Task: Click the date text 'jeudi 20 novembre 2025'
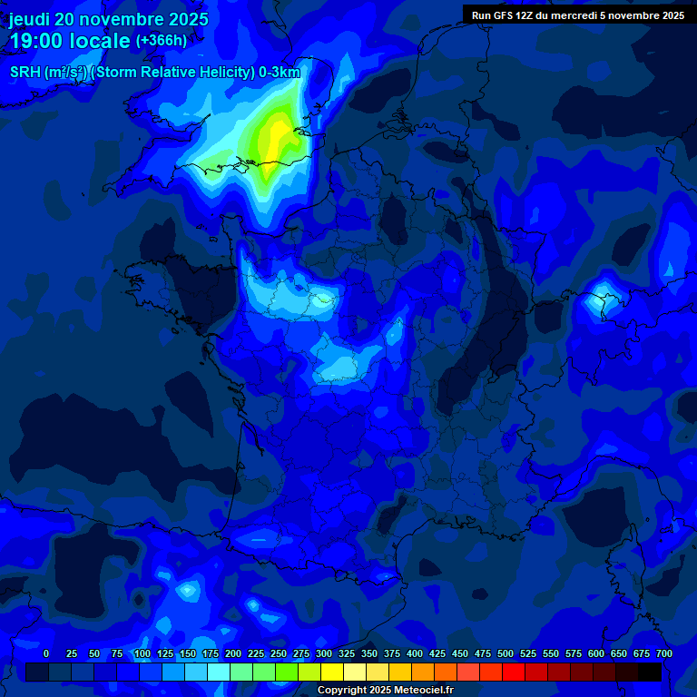pos(109,19)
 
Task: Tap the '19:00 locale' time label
pos(69,41)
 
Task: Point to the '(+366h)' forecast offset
pos(161,41)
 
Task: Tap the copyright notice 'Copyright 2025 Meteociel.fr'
pos(385,690)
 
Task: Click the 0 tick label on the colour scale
pos(46,653)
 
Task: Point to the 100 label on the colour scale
pos(142,653)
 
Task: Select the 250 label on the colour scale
pos(279,653)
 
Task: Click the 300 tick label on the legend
pos(324,653)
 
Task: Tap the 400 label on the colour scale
pos(415,653)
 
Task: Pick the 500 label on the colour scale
pos(506,653)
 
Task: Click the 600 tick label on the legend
pos(596,653)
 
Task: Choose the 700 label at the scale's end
pos(664,653)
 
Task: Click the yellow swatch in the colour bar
pos(332,672)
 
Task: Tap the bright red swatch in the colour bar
pos(514,672)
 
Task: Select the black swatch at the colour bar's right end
pos(650,672)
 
